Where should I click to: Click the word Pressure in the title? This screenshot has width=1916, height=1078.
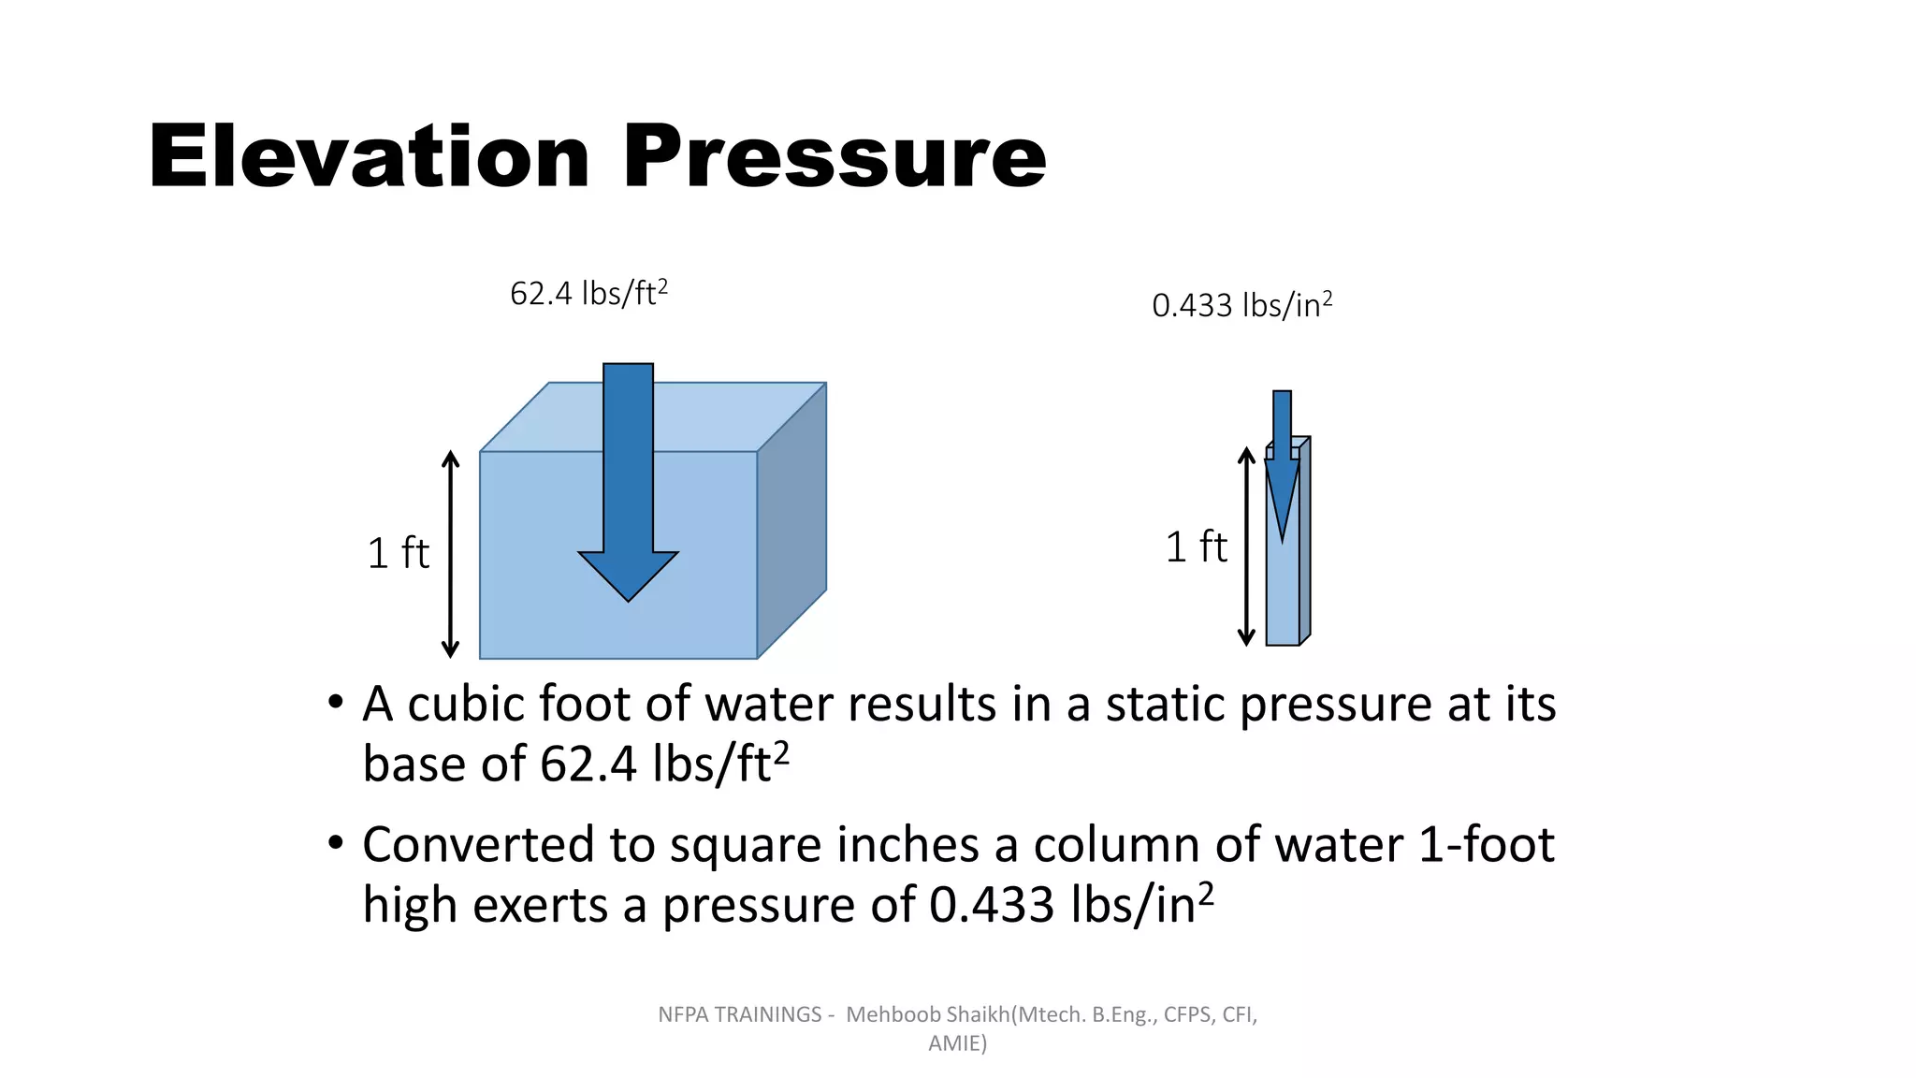click(835, 156)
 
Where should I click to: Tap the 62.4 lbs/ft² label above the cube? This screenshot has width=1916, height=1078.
click(588, 294)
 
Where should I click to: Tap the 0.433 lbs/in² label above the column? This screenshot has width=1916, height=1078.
click(1241, 305)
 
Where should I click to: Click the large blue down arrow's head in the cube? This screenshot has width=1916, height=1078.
click(628, 573)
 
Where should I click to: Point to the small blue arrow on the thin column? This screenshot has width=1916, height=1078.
click(1282, 468)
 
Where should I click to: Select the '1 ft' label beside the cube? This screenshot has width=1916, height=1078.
click(398, 553)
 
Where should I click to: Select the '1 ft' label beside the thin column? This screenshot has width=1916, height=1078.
click(1196, 546)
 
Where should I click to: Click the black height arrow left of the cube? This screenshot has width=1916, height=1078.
click(451, 554)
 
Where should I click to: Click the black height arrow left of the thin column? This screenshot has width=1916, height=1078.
click(1246, 546)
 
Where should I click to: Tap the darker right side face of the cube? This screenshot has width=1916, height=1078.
click(791, 520)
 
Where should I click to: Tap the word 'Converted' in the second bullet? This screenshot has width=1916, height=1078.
click(478, 844)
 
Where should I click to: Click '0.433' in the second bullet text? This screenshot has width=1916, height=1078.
click(992, 905)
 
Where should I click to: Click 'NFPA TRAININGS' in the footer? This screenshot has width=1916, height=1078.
click(739, 1014)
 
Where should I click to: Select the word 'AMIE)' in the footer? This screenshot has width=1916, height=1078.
click(957, 1043)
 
